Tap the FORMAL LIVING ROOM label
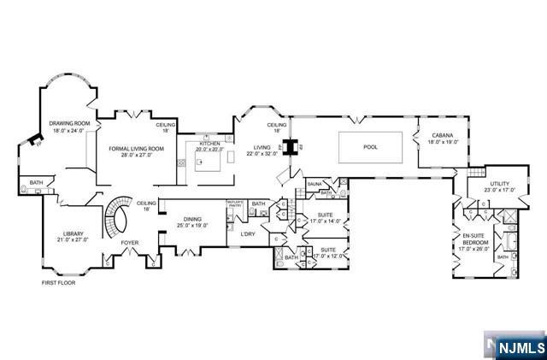click(136, 149)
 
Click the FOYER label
click(129, 242)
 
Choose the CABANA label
click(442, 134)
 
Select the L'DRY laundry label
click(248, 233)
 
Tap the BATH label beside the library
click(36, 182)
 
